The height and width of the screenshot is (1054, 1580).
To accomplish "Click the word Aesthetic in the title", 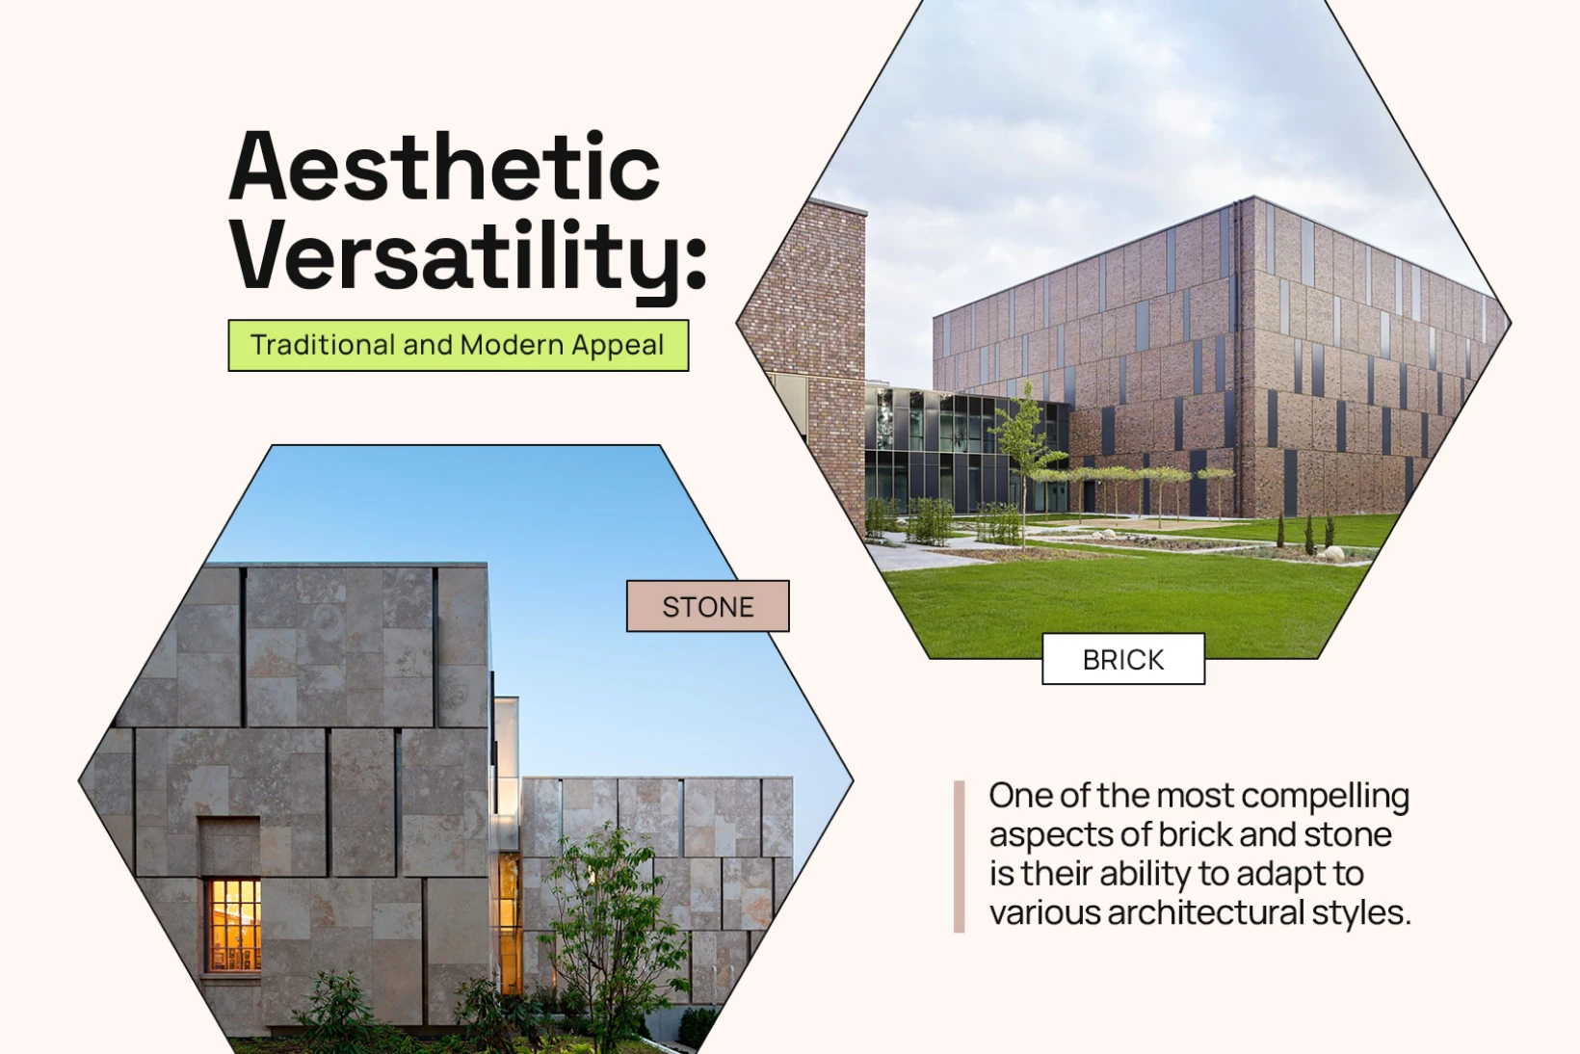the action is click(x=444, y=167).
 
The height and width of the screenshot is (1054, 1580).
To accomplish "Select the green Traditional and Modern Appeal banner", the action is click(x=459, y=345).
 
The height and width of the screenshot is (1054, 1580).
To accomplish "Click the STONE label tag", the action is click(x=708, y=606).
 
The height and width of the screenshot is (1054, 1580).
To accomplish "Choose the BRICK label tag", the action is click(x=1123, y=659).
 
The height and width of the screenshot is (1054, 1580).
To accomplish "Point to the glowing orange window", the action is click(x=233, y=925).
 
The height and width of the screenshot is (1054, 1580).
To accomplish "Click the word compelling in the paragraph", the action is click(x=1326, y=796).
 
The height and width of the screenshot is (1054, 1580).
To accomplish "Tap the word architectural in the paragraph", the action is click(x=1205, y=913).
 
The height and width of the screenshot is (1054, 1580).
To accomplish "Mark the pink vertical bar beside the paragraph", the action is click(x=960, y=856).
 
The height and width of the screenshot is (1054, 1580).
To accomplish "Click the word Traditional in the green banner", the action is click(x=323, y=345).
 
